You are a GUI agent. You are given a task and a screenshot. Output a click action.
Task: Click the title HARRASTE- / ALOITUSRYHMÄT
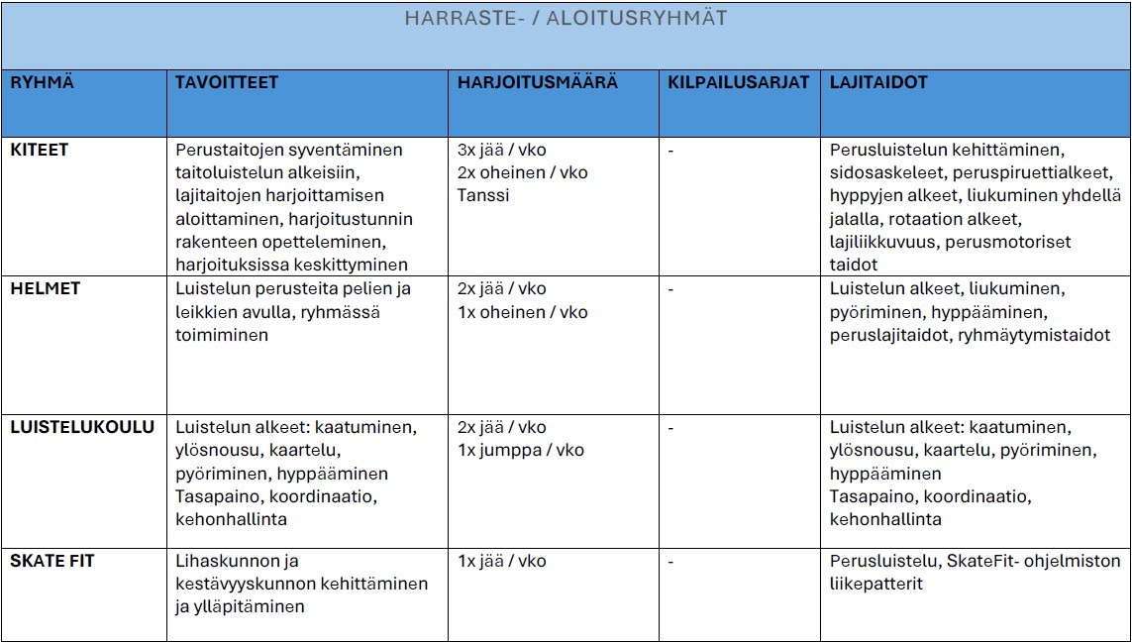pyautogui.click(x=566, y=19)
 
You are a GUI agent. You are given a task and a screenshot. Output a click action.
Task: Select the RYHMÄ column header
pyautogui.click(x=42, y=83)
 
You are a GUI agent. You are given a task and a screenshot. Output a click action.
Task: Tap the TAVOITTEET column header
pyautogui.click(x=227, y=83)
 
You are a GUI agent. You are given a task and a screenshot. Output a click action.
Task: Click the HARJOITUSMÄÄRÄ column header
pyautogui.click(x=537, y=83)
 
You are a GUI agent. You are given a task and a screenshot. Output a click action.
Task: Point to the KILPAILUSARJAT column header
pyautogui.click(x=739, y=83)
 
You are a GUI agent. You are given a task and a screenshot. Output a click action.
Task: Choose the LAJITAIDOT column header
pyautogui.click(x=878, y=83)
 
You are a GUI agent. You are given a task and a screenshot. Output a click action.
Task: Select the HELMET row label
pyautogui.click(x=45, y=288)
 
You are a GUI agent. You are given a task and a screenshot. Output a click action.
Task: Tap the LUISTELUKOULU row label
pyautogui.click(x=82, y=427)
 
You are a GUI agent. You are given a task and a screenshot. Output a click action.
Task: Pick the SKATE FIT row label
pyautogui.click(x=52, y=561)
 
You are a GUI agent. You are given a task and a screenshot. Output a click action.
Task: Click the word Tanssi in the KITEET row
pyautogui.click(x=483, y=195)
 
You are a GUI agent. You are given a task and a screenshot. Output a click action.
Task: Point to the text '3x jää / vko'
pyautogui.click(x=501, y=150)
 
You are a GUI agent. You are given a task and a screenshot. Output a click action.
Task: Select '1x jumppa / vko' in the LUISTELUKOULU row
pyautogui.click(x=521, y=450)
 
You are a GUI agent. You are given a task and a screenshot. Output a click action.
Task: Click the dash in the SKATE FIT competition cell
pyautogui.click(x=671, y=561)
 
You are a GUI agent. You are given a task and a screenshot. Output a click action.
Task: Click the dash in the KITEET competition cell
pyautogui.click(x=671, y=150)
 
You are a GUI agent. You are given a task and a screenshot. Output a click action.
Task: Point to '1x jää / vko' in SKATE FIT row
pyautogui.click(x=501, y=561)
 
